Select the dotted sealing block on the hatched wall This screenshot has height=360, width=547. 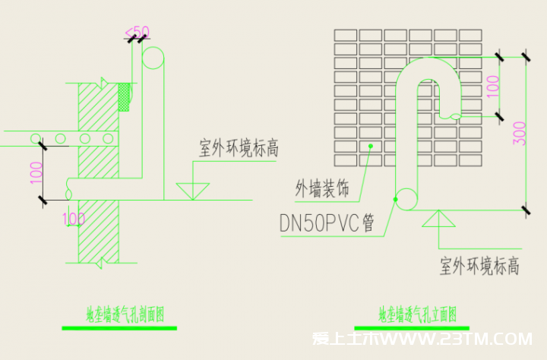coord(125,96)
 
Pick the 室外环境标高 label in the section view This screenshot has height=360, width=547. coord(239,149)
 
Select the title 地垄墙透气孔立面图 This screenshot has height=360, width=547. coord(416,313)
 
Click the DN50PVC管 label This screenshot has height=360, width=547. coord(327,224)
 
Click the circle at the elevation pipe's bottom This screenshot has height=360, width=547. coord(406,198)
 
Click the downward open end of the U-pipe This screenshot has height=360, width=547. coord(454,115)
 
